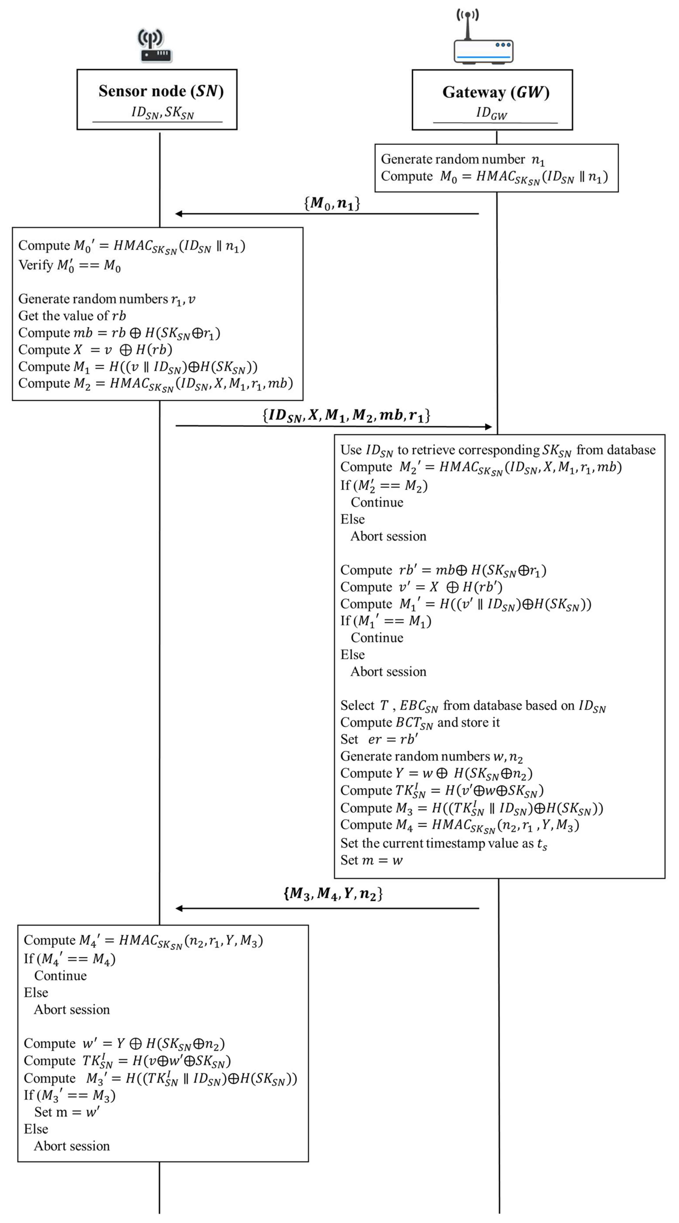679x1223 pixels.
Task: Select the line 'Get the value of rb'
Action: click(72, 316)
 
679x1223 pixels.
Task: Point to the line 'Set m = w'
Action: click(371, 860)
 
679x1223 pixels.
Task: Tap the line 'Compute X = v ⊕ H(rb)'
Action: click(95, 349)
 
